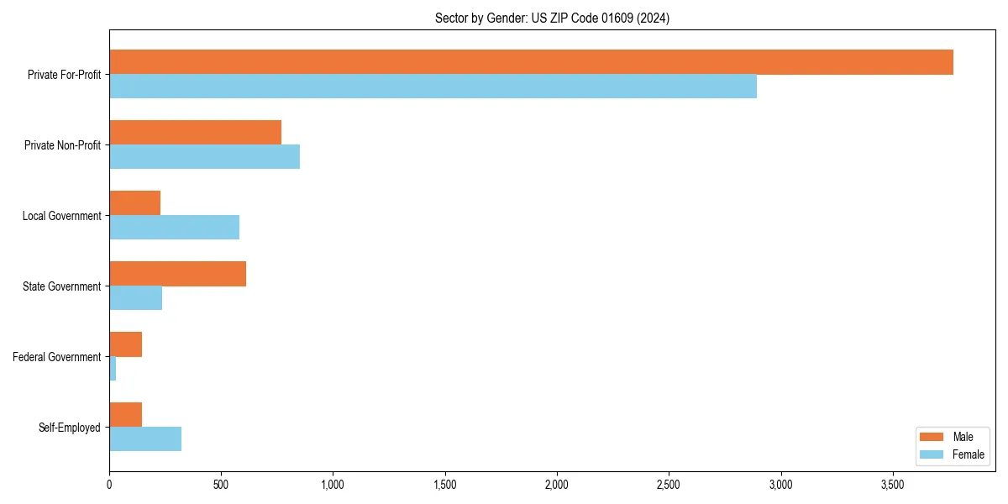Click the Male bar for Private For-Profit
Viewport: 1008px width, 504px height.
[x=531, y=62]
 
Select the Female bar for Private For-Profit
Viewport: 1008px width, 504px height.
[x=433, y=87]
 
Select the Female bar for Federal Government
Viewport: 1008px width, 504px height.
[x=113, y=369]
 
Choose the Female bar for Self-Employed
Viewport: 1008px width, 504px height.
[x=145, y=439]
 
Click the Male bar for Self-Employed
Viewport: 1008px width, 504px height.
[x=125, y=415]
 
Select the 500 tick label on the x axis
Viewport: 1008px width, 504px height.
[x=221, y=485]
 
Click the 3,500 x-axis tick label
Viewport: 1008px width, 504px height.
[x=892, y=485]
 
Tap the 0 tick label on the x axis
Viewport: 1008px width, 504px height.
[x=109, y=485]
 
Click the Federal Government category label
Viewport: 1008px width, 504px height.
[x=57, y=357]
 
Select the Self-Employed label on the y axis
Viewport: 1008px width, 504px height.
[x=70, y=428]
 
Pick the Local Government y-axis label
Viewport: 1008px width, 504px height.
[x=62, y=216]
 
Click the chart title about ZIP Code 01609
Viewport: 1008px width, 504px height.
[x=552, y=18]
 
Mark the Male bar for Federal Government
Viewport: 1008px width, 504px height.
[x=125, y=344]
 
